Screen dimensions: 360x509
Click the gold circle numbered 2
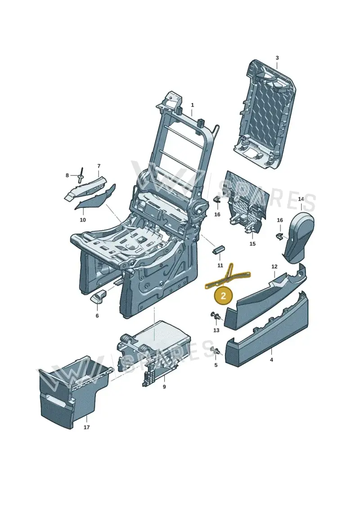click(223, 296)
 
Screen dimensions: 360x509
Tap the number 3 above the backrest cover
click(277, 58)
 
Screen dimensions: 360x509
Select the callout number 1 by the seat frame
click(192, 105)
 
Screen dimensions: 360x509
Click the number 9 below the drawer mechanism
click(164, 387)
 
